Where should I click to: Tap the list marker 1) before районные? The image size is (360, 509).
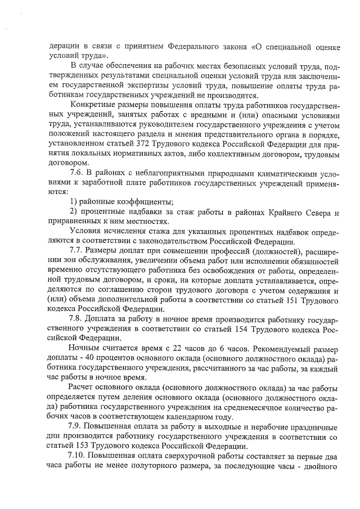point(73,202)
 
